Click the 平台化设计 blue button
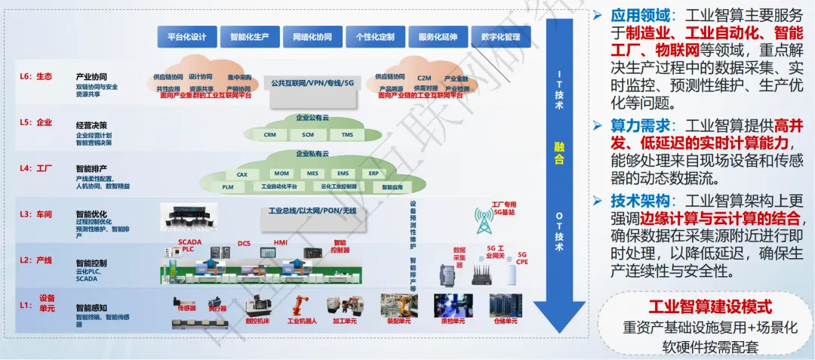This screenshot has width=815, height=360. coord(186,36)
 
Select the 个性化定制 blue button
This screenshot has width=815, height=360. coord(374,36)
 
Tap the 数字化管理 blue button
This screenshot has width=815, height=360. coord(500,36)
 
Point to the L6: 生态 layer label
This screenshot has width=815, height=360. coord(36,76)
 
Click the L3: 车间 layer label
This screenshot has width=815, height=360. coord(35,214)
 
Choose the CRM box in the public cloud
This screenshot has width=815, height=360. coord(269,134)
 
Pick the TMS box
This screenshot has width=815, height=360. coord(347,134)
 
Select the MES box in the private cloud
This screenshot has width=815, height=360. coord(312,174)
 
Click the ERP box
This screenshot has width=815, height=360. coord(374,174)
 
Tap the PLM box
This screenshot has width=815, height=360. coord(227,186)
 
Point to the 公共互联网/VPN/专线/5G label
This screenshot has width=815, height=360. coord(312,81)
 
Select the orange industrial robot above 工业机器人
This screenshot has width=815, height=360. coord(300,304)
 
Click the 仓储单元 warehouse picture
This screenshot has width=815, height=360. coord(505,305)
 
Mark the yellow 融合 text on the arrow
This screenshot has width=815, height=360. coord(558,152)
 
